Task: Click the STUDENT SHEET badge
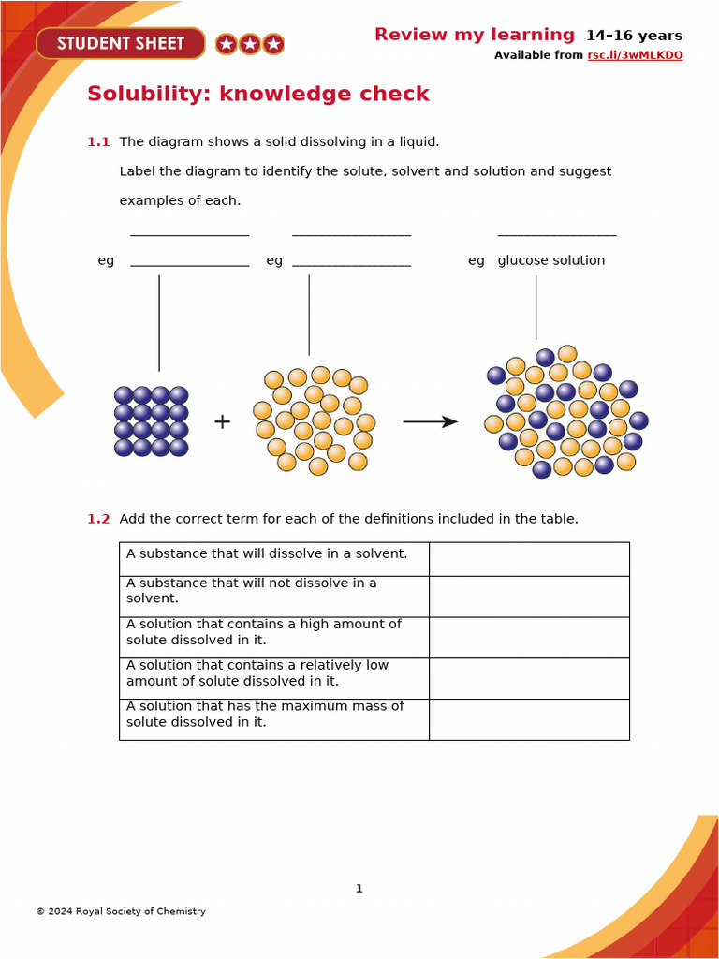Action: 120,43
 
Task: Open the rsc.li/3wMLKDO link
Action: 635,55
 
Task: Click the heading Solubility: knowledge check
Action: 257,94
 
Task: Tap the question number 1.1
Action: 98,142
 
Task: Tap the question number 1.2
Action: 98,519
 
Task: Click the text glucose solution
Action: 550,260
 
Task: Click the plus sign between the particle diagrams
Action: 222,421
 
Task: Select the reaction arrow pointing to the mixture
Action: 430,422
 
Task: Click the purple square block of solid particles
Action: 151,421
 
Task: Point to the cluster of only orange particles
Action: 314,420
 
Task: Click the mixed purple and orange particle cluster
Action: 565,412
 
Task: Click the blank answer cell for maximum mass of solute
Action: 529,719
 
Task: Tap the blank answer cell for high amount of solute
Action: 529,637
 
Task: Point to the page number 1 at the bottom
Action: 359,889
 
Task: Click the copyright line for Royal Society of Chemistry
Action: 121,911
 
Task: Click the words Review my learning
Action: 474,35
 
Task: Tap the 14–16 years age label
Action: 634,37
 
